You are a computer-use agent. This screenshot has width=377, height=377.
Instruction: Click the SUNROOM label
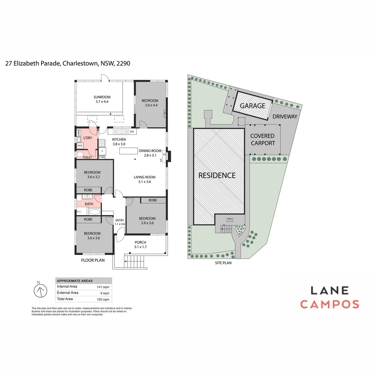[x=102, y=97]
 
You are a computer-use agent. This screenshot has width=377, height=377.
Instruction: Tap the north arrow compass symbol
[x=40, y=290]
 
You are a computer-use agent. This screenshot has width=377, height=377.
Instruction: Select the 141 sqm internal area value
[x=103, y=287]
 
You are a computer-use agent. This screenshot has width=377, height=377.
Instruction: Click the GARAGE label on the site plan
[x=252, y=106]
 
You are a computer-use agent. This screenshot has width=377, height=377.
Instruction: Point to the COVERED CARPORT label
[x=263, y=139]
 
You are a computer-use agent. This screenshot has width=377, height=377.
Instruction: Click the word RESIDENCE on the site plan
[x=217, y=175]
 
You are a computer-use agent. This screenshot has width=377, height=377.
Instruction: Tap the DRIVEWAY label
[x=285, y=117]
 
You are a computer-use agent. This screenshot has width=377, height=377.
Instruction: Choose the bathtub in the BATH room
[x=94, y=212]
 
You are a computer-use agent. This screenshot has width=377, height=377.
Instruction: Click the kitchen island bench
[x=129, y=151]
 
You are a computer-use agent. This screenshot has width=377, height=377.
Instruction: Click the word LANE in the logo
[x=330, y=290]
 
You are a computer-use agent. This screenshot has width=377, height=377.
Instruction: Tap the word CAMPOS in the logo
[x=330, y=304]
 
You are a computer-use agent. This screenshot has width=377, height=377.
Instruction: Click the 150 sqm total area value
[x=103, y=299]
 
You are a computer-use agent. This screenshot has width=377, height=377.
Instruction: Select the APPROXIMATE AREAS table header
[x=75, y=281]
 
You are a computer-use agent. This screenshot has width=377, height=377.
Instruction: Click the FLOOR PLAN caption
[x=93, y=260]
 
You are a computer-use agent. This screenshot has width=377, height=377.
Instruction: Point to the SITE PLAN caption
[x=223, y=263]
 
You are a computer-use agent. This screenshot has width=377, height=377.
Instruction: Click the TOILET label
[x=87, y=157]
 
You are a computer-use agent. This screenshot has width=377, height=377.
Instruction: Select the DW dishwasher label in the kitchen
[x=132, y=132]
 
